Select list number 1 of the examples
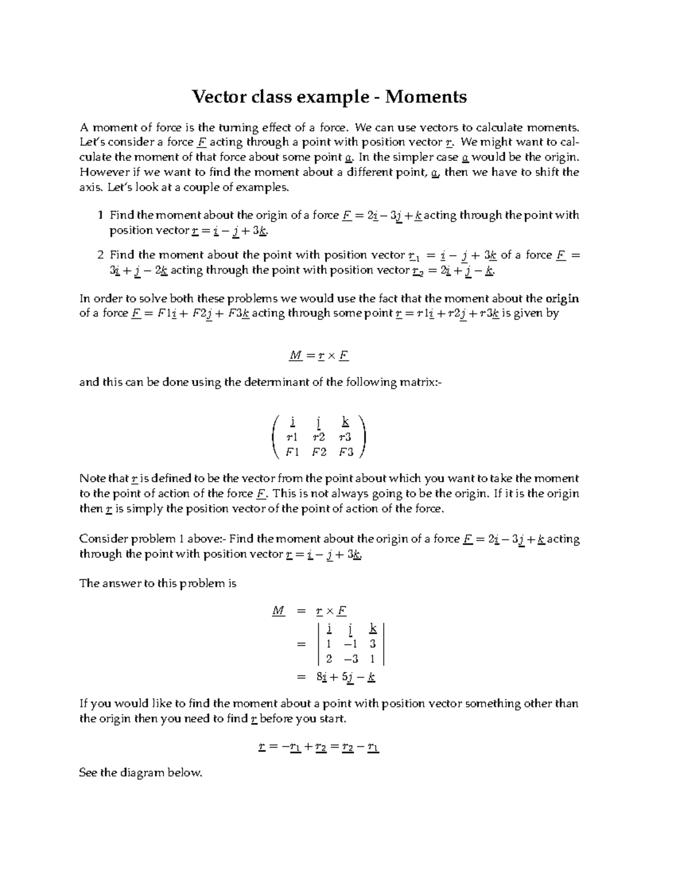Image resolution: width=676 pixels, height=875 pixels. pyautogui.click(x=100, y=215)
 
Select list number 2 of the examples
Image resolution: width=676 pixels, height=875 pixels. pyautogui.click(x=100, y=255)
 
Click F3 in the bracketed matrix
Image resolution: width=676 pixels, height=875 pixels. pyautogui.click(x=346, y=452)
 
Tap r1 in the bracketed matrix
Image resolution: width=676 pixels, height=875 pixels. pyautogui.click(x=292, y=437)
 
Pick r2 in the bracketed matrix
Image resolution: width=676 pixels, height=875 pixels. pyautogui.click(x=319, y=437)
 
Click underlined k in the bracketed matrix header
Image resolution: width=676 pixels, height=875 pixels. pyautogui.click(x=345, y=421)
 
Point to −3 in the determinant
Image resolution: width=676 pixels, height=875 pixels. pyautogui.click(x=350, y=659)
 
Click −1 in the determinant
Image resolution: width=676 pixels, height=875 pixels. pyautogui.click(x=350, y=643)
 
